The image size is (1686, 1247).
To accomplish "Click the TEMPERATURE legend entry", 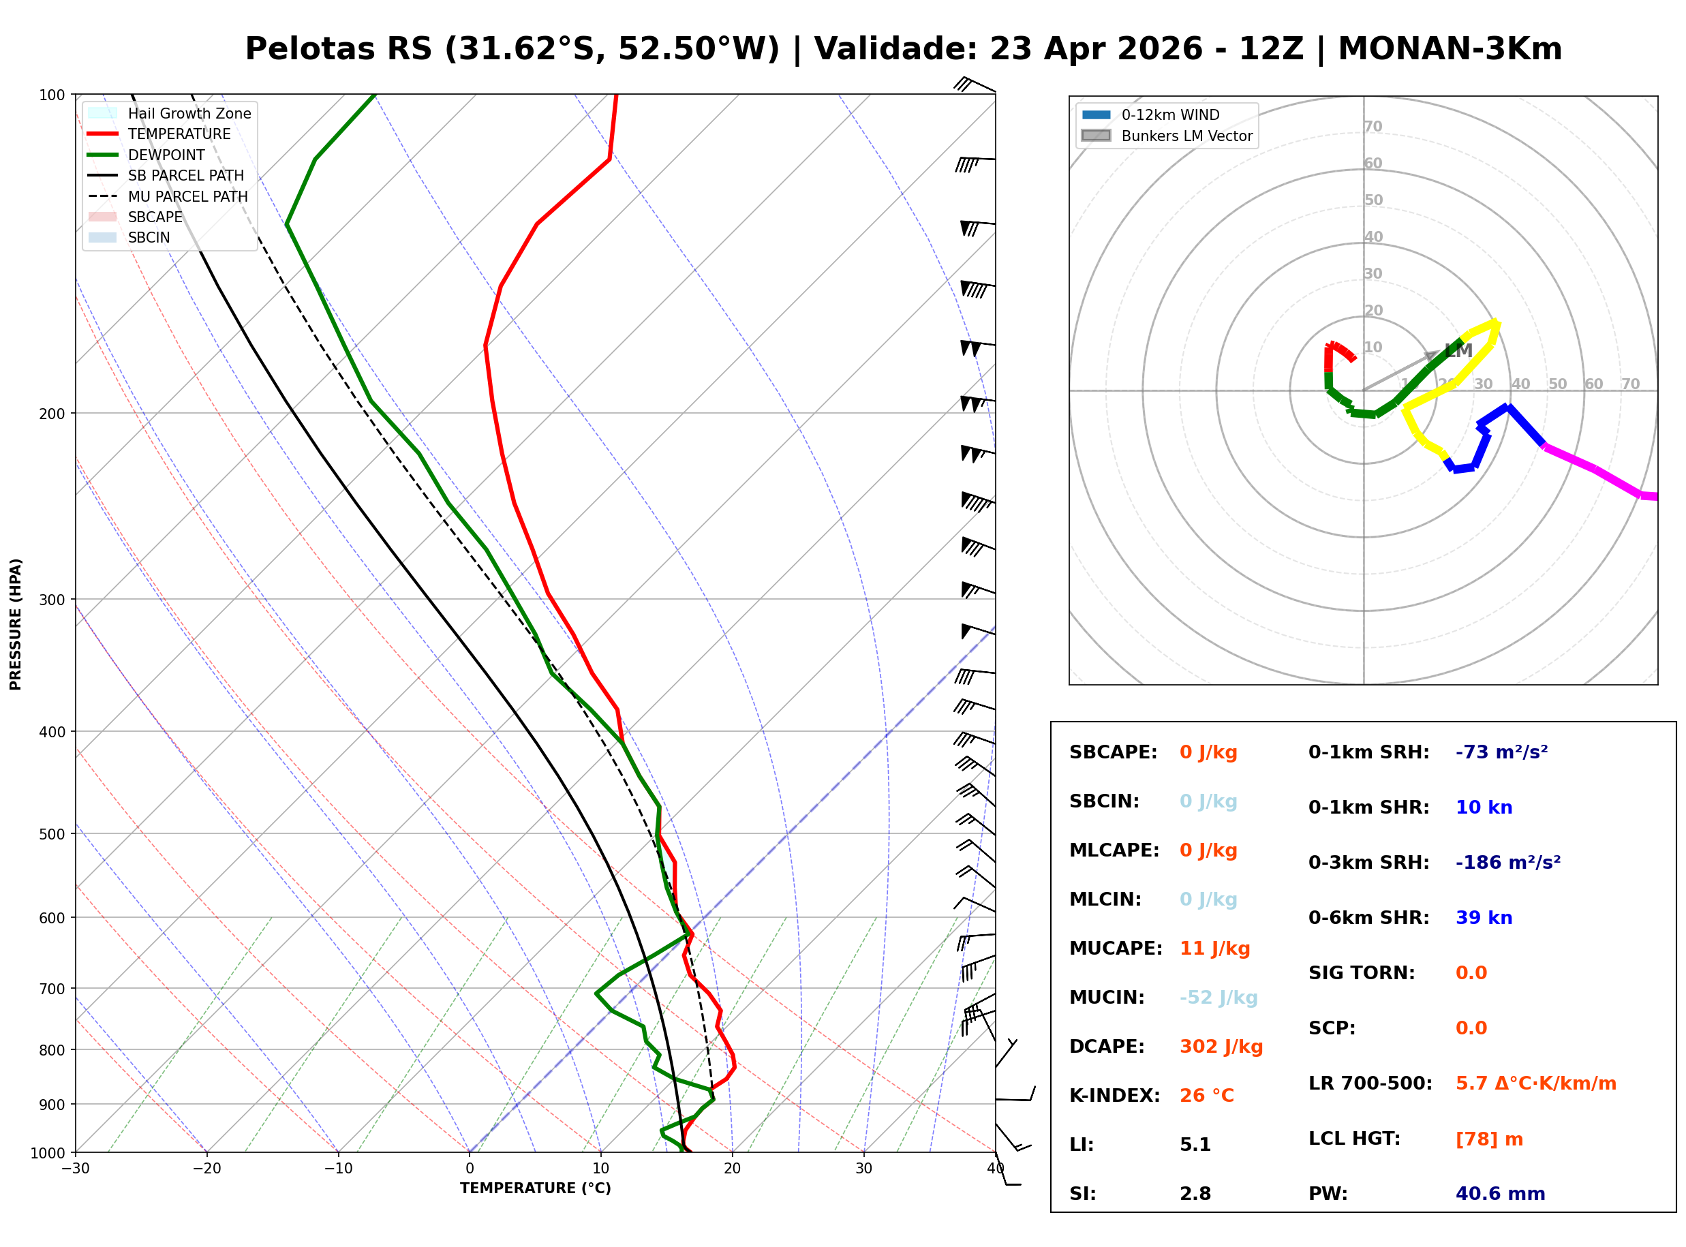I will click(x=179, y=134).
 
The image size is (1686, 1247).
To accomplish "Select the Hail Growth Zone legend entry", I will click(x=189, y=113).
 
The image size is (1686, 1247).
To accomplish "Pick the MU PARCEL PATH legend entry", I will click(x=187, y=196).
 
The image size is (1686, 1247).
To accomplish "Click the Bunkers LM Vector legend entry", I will click(x=1186, y=136).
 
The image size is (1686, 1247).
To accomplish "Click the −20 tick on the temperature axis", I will click(x=206, y=1169).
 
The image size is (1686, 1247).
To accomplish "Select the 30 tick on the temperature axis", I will click(x=863, y=1169).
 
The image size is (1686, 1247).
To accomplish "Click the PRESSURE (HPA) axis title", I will click(x=16, y=623).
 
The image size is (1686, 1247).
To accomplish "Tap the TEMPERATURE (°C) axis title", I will click(x=535, y=1188).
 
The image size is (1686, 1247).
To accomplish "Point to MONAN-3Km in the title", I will click(x=1449, y=49).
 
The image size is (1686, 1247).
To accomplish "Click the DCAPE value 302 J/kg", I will click(x=1221, y=1047).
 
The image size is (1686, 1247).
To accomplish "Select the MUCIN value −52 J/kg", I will click(x=1217, y=998).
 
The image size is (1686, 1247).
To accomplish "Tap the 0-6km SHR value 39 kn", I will click(x=1483, y=918).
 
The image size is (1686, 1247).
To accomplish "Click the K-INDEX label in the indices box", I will click(x=1114, y=1096).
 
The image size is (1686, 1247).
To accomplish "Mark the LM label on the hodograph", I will click(x=1458, y=350).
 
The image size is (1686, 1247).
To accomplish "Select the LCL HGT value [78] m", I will click(x=1488, y=1139).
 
